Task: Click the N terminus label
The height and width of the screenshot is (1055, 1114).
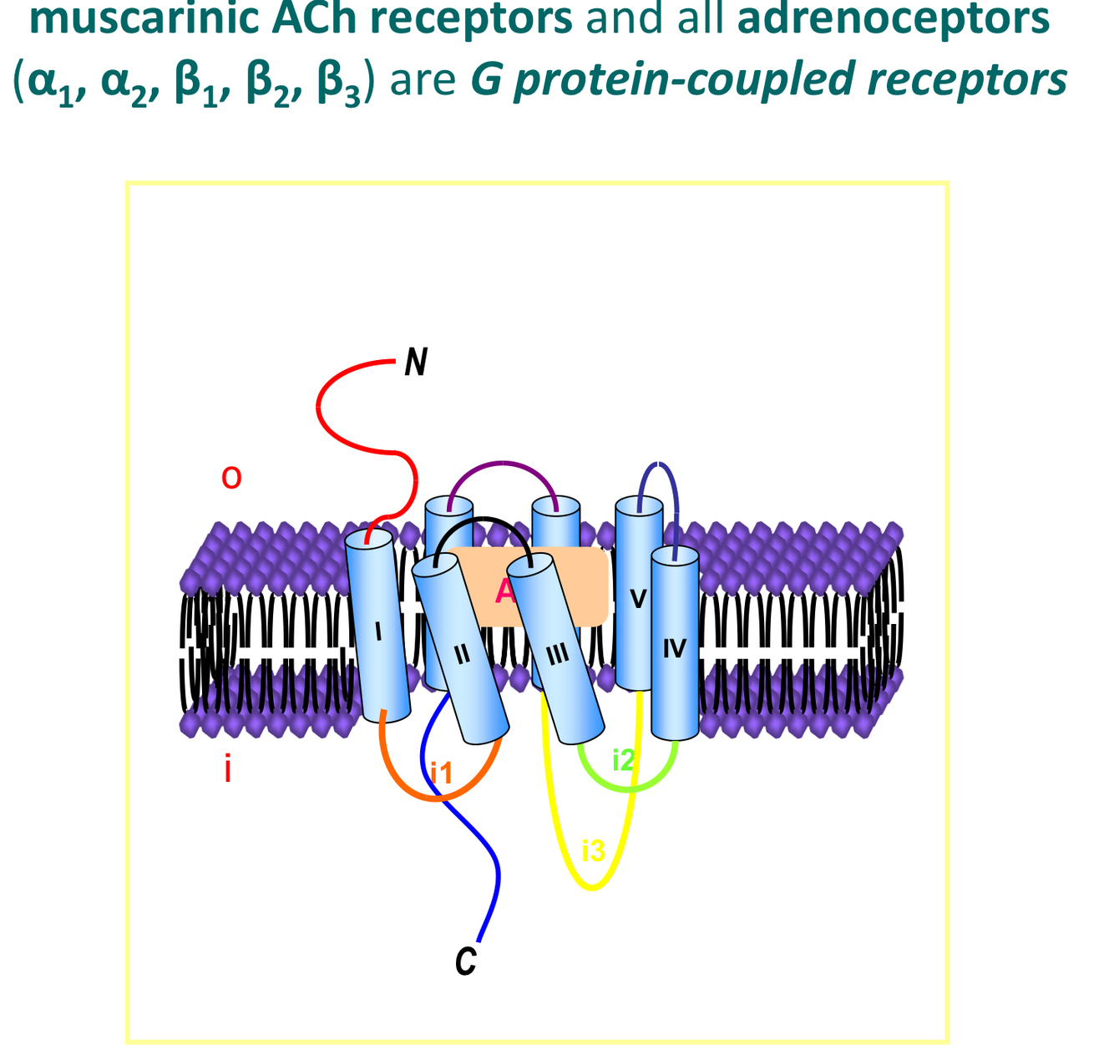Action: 416,363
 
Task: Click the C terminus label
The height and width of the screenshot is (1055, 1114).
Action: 466,961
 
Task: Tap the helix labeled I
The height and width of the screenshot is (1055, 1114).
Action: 379,630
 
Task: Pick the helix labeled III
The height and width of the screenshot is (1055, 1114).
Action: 557,652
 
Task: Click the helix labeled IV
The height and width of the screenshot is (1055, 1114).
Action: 675,647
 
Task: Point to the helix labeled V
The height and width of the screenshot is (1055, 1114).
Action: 639,598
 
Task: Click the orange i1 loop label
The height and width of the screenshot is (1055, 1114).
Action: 441,773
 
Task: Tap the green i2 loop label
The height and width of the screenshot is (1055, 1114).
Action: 624,760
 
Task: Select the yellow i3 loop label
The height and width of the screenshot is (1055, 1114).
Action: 593,851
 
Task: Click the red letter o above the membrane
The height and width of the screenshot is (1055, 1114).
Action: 231,478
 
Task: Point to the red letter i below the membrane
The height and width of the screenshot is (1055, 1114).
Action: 227,768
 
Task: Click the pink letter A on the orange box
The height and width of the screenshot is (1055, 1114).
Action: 504,591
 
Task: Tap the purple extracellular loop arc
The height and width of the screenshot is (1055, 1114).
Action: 503,465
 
